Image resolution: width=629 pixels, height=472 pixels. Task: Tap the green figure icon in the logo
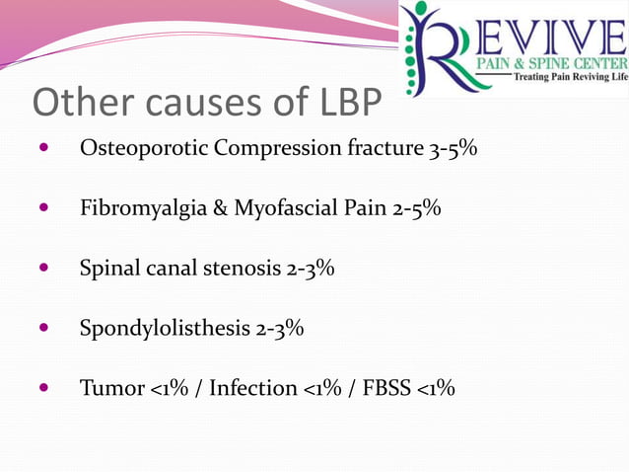coord(418,44)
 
